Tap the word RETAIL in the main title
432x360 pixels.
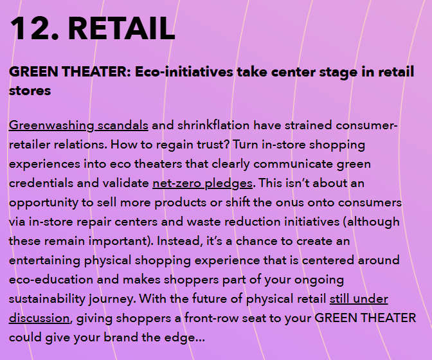click(x=122, y=28)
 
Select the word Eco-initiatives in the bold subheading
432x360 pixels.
click(x=184, y=72)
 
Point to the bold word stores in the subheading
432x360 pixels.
click(x=30, y=91)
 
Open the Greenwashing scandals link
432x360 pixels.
click(x=78, y=125)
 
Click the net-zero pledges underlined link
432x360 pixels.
click(x=203, y=183)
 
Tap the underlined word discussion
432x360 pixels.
click(x=39, y=318)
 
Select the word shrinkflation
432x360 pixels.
click(x=213, y=125)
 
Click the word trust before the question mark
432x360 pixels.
click(x=213, y=145)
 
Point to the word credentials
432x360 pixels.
click(x=40, y=183)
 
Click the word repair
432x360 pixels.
click(x=94, y=222)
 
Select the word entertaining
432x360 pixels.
click(x=44, y=260)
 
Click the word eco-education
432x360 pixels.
click(x=51, y=280)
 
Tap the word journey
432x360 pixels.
click(x=111, y=300)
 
